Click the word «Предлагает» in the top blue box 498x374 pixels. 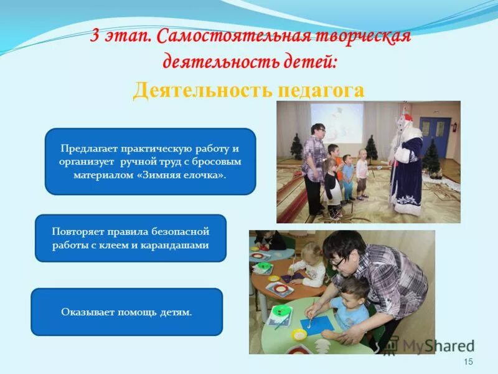click(88, 150)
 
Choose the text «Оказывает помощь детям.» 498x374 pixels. click(126, 312)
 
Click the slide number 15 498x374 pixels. click(469, 362)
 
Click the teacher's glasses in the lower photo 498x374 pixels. click(339, 262)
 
